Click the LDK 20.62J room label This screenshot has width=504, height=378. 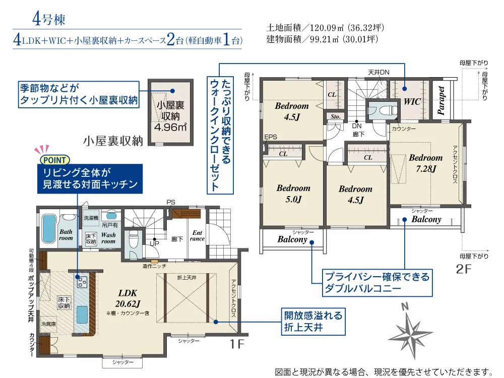(128, 298)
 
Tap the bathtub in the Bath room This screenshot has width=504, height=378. (49, 228)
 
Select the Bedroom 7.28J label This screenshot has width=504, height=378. (425, 163)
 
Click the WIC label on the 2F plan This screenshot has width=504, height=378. (412, 102)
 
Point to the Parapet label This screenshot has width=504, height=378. (441, 100)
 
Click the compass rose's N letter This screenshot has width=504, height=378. (405, 306)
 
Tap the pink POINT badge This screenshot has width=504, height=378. (54, 160)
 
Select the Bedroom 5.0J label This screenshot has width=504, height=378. (293, 194)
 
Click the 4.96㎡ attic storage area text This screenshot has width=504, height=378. (170, 128)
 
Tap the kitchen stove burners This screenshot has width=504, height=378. (82, 282)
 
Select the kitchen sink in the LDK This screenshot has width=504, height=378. (82, 314)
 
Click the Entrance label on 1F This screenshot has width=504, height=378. (197, 235)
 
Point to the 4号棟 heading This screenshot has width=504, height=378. (48, 19)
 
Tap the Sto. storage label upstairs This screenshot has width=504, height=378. (335, 117)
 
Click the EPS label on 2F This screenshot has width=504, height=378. (271, 137)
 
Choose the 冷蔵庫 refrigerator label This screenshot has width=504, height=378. (48, 324)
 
